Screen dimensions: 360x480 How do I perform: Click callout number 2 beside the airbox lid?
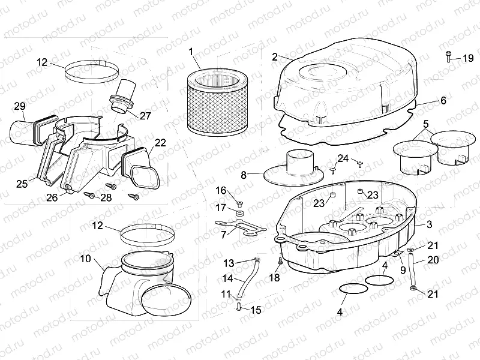pyautogui.click(x=274, y=57)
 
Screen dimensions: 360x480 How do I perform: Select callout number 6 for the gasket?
pyautogui.click(x=443, y=101)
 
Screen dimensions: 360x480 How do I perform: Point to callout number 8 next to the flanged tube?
pyautogui.click(x=244, y=175)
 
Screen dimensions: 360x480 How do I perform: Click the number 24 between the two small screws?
pyautogui.click(x=343, y=158)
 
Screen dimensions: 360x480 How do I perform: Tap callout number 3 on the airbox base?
pyautogui.click(x=430, y=224)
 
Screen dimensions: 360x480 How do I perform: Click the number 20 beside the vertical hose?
pyautogui.click(x=434, y=260)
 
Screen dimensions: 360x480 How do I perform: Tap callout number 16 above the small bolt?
pyautogui.click(x=221, y=190)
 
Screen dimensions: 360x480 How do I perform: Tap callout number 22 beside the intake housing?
pyautogui.click(x=160, y=142)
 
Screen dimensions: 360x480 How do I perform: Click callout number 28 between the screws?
pyautogui.click(x=106, y=197)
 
